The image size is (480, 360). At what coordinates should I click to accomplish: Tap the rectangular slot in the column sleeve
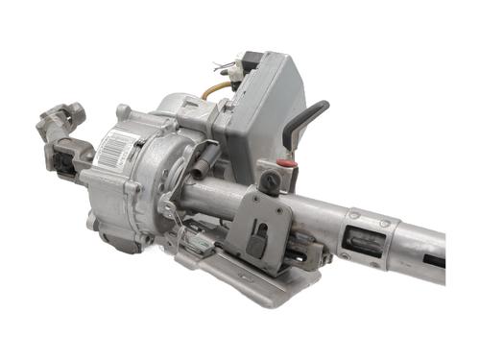click(x=364, y=241)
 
